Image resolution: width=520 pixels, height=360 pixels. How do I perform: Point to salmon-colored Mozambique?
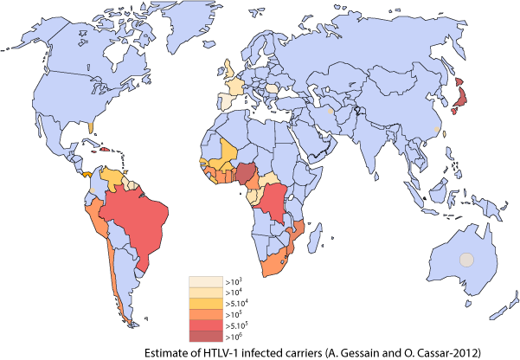[296, 231]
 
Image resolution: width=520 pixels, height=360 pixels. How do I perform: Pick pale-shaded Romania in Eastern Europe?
[273, 88]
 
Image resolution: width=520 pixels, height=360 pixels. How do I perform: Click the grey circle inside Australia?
[467, 260]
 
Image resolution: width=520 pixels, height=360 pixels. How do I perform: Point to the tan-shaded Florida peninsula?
[92, 126]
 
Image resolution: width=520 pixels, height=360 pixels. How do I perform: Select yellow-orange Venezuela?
[112, 176]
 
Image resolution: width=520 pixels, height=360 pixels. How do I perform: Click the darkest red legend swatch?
[206, 336]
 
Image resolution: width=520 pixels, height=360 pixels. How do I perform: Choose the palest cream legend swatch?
[206, 282]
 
